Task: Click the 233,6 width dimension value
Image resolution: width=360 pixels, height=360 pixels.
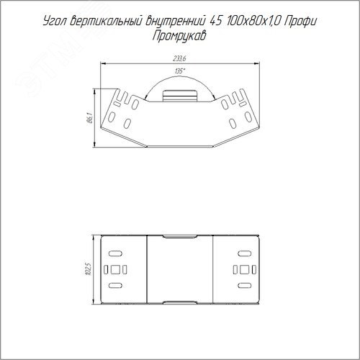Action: click(179, 59)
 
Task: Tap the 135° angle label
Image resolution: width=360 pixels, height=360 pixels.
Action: click(180, 71)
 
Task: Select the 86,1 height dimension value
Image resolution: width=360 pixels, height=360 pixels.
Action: click(90, 118)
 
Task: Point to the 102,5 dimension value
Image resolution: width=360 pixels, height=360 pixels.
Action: click(89, 269)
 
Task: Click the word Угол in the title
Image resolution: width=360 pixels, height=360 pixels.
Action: click(55, 22)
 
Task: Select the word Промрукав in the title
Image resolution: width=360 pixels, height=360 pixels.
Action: click(179, 37)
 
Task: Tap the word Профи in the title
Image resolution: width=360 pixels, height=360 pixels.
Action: click(300, 21)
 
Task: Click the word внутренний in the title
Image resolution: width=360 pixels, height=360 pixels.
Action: click(176, 21)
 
